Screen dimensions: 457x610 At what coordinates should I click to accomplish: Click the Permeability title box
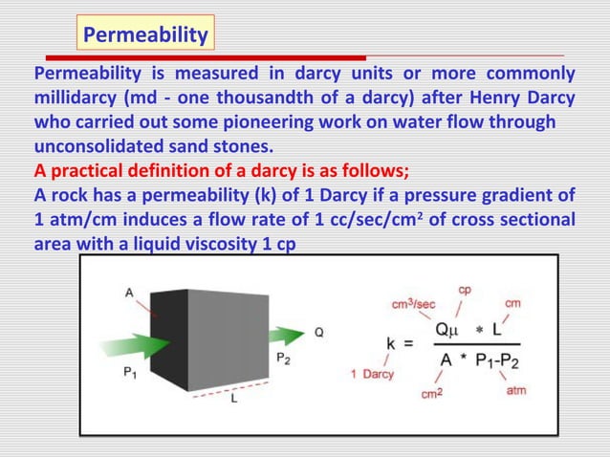coord(145,36)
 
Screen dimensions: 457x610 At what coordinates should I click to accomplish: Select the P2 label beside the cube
coord(282,357)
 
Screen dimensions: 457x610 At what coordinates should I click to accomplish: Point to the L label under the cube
coord(235,403)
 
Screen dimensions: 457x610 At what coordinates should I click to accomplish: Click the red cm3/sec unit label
coord(414,304)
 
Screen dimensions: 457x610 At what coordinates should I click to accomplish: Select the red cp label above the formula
coord(465,288)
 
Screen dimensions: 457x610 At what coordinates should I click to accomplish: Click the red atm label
coord(516,391)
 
